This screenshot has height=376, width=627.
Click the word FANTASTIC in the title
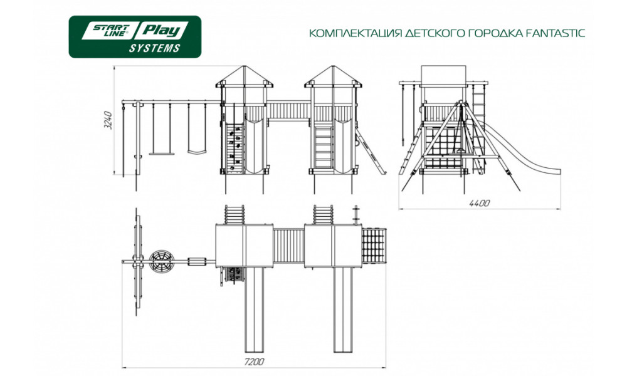pyautogui.click(x=553, y=33)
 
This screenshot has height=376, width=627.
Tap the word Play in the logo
pyautogui.click(x=162, y=31)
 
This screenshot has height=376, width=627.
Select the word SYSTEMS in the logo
pyautogui.click(x=154, y=48)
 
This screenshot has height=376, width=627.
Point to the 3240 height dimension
pyautogui.click(x=108, y=120)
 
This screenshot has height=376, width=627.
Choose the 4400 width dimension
pyautogui.click(x=480, y=203)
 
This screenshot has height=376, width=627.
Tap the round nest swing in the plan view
pyautogui.click(x=162, y=261)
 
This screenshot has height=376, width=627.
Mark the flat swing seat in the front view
pyautogui.click(x=162, y=153)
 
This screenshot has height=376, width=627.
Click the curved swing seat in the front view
pyautogui.click(x=197, y=152)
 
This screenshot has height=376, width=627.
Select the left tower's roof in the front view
pyautogui.click(x=245, y=76)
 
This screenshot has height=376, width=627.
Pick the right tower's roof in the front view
pyautogui.click(x=333, y=76)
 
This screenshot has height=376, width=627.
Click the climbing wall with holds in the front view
pyautogui.click(x=234, y=148)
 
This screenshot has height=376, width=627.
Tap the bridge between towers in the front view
pyautogui.click(x=288, y=111)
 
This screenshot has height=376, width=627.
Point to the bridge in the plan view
pyautogui.click(x=288, y=246)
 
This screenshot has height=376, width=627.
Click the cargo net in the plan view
pyautogui.click(x=374, y=246)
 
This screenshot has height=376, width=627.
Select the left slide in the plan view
pyautogui.click(x=255, y=310)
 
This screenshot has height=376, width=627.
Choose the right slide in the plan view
pyautogui.click(x=343, y=310)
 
